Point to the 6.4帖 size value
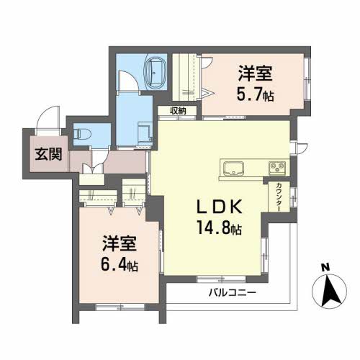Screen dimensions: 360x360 119,264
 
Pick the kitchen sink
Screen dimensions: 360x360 233,168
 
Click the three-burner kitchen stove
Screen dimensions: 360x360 276,168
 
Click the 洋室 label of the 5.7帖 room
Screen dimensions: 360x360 256,73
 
